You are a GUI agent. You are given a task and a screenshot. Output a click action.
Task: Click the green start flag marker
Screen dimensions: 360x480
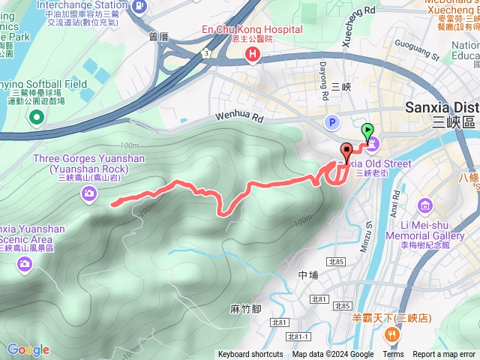tap(367, 132)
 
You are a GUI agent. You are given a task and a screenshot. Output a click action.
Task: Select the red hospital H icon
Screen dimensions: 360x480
tap(253, 55)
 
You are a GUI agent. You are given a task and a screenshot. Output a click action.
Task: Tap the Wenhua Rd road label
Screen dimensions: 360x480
tap(240, 118)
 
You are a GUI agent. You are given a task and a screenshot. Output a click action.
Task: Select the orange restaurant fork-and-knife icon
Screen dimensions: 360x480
tap(389, 334)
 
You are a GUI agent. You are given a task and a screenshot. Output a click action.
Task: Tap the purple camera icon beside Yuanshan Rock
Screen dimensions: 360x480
tap(89, 195)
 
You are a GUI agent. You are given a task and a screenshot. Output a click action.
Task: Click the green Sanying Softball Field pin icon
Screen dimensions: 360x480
tap(35, 118)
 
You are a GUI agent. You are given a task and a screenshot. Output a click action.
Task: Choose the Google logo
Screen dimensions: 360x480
tap(28, 349)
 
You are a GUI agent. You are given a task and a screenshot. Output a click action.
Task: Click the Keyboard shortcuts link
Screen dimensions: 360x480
tap(250, 355)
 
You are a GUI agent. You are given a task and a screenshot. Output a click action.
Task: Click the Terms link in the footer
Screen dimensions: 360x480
tap(393, 355)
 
